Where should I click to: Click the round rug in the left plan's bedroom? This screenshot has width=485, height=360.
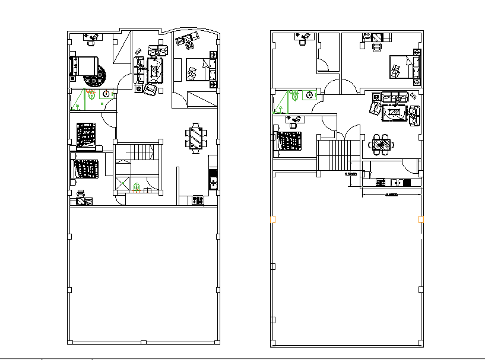point(96,75)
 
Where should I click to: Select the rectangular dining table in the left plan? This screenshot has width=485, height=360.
point(195,139)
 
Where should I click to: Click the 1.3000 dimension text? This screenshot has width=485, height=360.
point(351,175)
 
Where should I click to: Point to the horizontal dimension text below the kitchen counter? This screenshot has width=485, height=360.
point(391,194)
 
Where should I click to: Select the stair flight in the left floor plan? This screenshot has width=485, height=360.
point(137,152)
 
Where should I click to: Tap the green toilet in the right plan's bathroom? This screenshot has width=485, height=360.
point(293,95)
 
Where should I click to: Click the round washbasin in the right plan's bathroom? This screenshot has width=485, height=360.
point(309,94)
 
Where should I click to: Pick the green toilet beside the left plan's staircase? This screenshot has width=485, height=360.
point(137,188)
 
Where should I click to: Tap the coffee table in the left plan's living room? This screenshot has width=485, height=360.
point(156,71)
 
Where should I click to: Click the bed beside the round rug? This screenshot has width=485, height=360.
point(83,66)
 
